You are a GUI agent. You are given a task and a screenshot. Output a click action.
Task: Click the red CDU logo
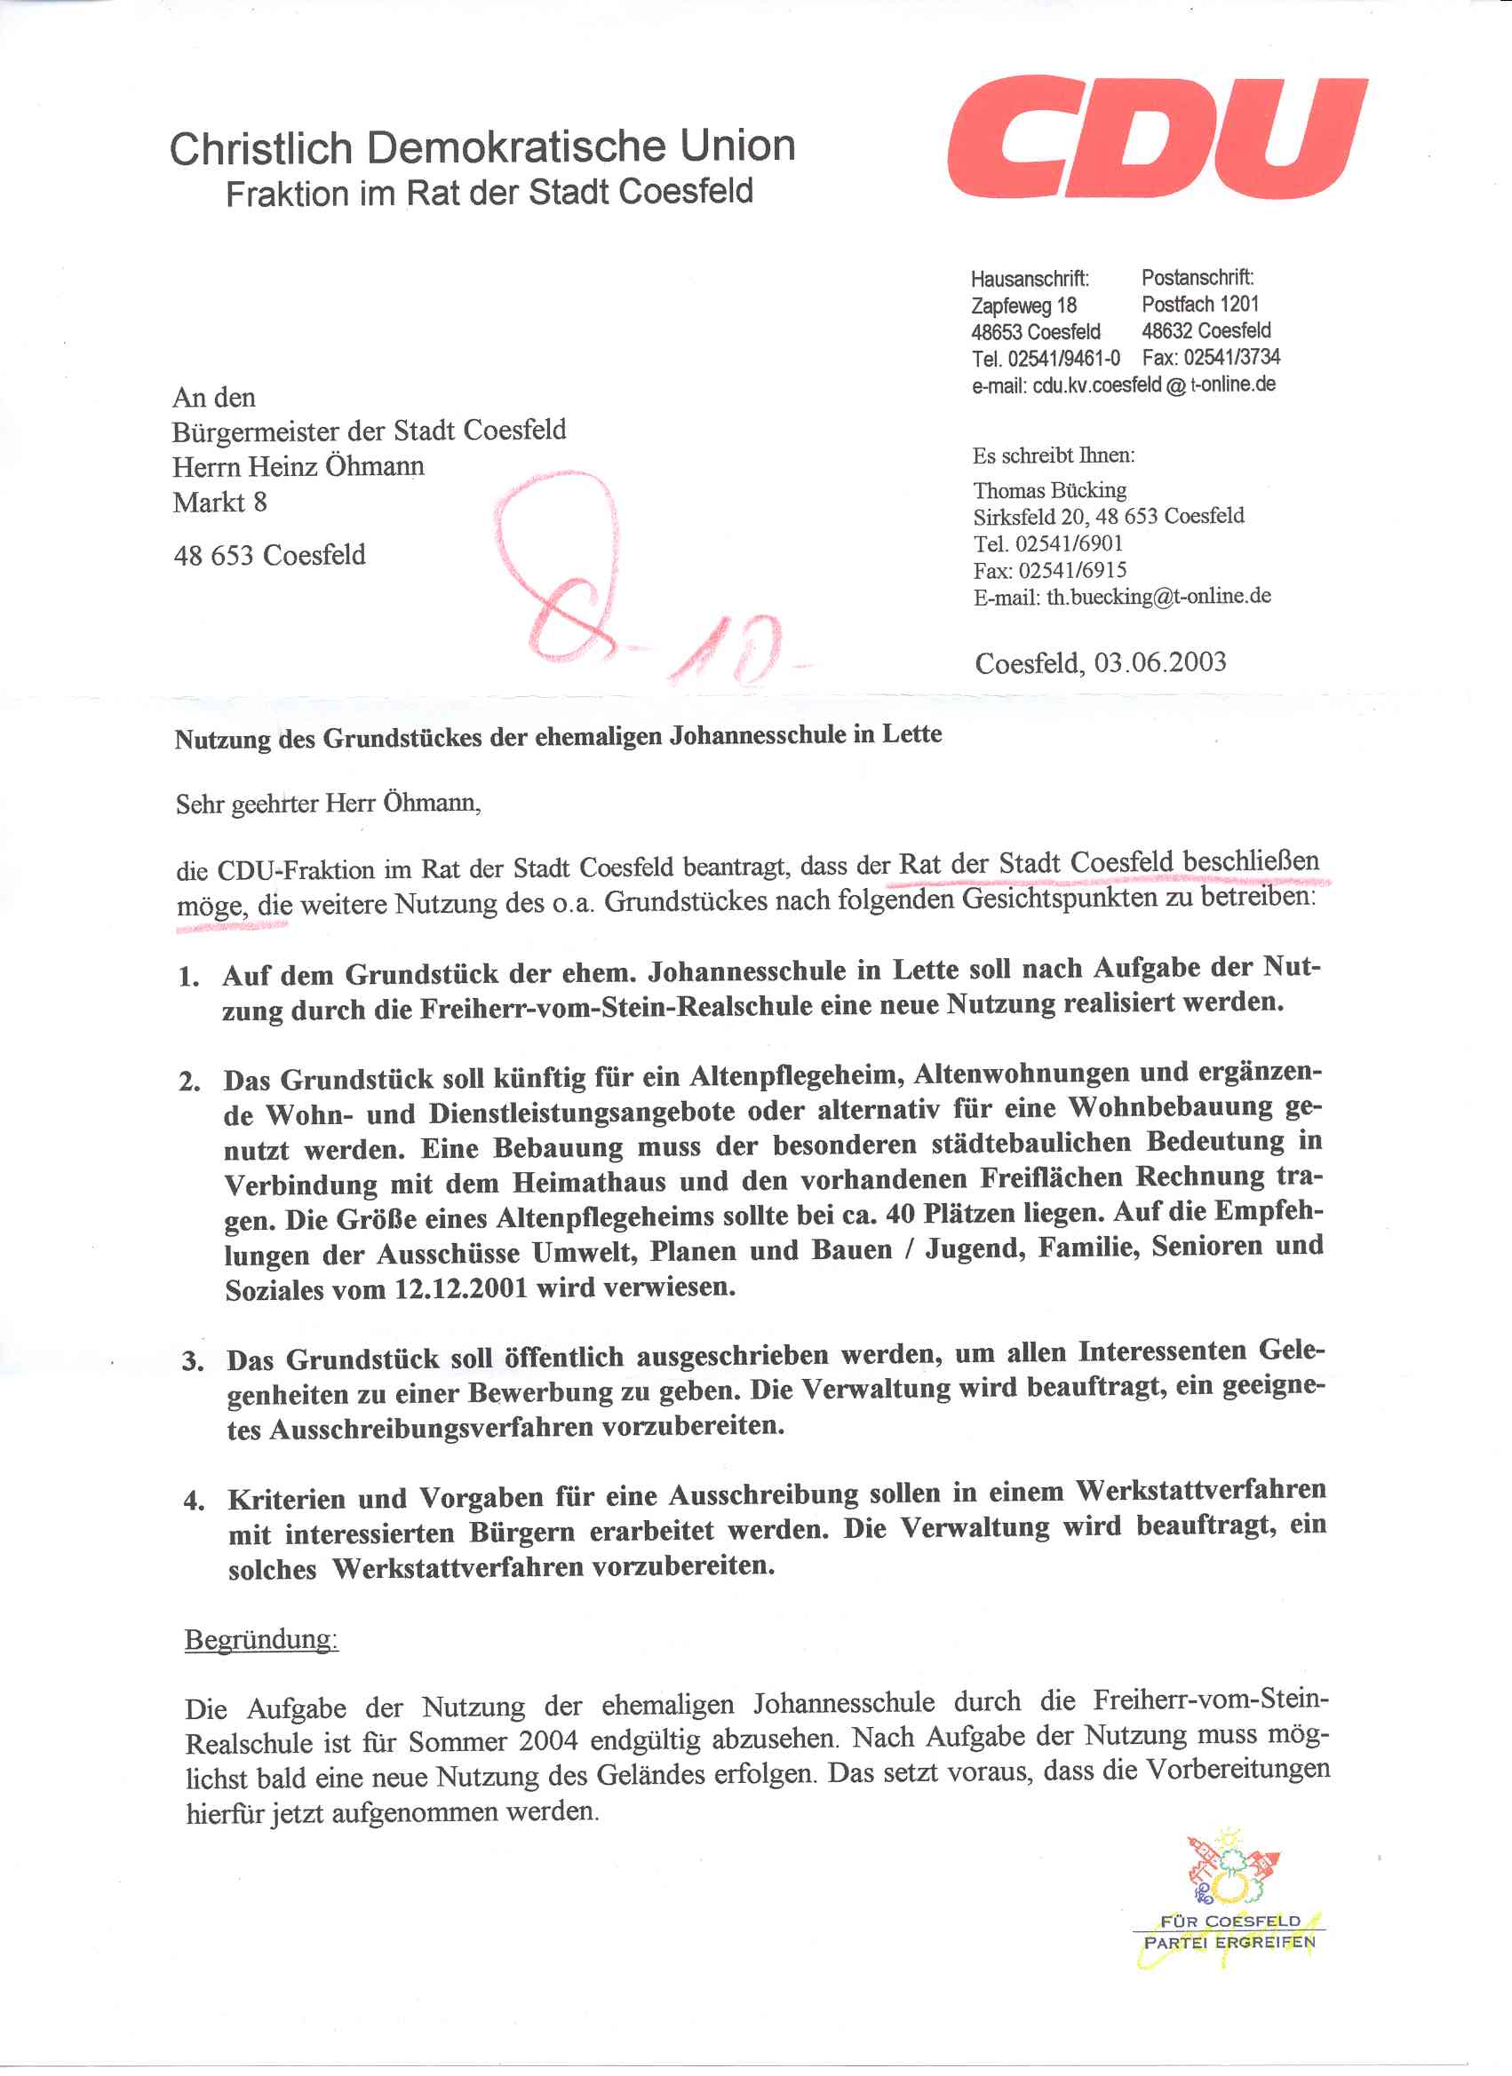coord(1157,138)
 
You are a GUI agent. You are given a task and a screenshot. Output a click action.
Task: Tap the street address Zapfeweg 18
coord(1023,305)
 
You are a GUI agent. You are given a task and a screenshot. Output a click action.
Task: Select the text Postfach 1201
coord(1199,304)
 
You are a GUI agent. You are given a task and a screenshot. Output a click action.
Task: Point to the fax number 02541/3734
coord(1231,357)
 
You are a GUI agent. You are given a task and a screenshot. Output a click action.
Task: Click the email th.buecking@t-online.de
coord(1158,597)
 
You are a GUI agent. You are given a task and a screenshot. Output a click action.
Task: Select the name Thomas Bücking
coord(1049,491)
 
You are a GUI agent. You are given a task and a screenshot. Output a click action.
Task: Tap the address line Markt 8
coord(219,503)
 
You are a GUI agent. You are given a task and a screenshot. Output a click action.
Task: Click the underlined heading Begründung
coord(261,1638)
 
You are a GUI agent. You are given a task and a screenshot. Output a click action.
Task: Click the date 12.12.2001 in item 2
coord(461,1288)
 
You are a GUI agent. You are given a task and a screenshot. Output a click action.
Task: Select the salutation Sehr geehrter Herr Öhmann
coord(328,804)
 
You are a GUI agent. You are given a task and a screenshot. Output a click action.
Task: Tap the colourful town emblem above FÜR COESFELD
coord(1232,1867)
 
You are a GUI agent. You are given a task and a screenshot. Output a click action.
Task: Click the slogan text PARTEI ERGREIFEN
coord(1229,1942)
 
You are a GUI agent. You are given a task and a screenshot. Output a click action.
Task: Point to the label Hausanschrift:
coord(1030,278)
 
